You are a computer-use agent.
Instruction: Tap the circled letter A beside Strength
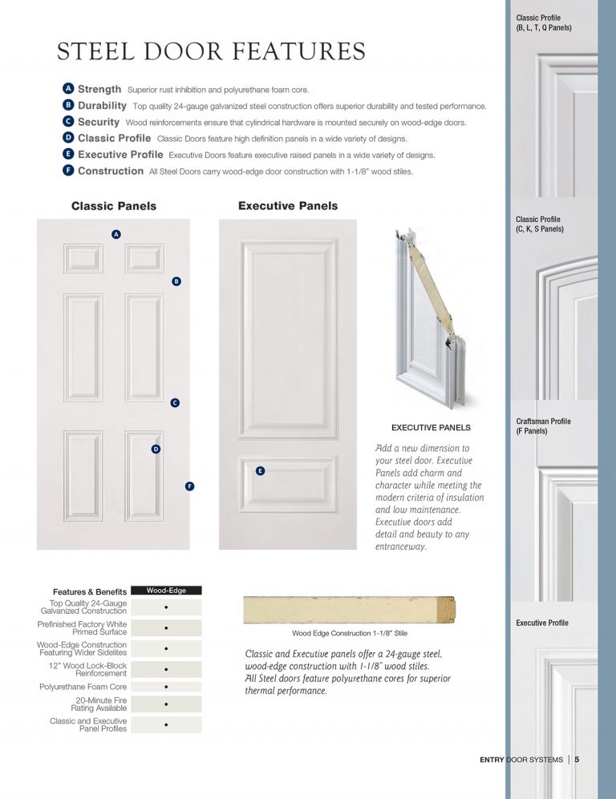coord(68,88)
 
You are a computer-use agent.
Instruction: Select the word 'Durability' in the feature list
coord(102,105)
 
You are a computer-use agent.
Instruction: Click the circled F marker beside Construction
coord(68,171)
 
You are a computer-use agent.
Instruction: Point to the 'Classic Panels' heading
coord(114,206)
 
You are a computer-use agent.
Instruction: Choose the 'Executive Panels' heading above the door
coord(288,206)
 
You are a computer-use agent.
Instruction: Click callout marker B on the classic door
coord(176,281)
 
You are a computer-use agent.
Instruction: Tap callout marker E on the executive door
coord(260,470)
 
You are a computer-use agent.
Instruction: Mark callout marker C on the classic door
coord(175,403)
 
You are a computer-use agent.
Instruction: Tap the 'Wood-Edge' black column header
coord(166,591)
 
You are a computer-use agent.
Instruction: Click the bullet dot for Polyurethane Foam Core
coord(165,687)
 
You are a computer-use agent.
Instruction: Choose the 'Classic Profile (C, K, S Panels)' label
coord(540,224)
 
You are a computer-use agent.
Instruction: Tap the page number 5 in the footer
coord(577,760)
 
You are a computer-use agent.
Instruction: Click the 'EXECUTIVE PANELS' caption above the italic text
coord(431,427)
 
